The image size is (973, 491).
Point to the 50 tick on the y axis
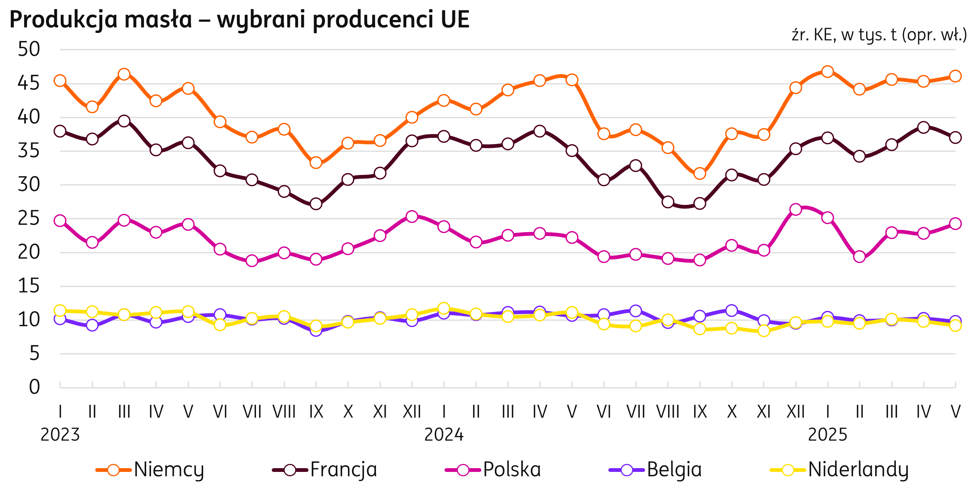(x=29, y=49)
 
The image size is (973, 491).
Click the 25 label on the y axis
(x=29, y=219)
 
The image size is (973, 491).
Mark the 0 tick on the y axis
(x=34, y=387)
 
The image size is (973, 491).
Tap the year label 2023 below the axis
(x=60, y=435)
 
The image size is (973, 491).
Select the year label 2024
(x=444, y=435)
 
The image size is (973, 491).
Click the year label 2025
(x=828, y=435)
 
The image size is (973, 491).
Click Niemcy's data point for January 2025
(x=828, y=72)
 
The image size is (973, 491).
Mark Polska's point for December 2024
(x=796, y=209)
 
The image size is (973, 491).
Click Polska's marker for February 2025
(x=860, y=257)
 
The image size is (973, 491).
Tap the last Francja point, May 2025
(x=956, y=137)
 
